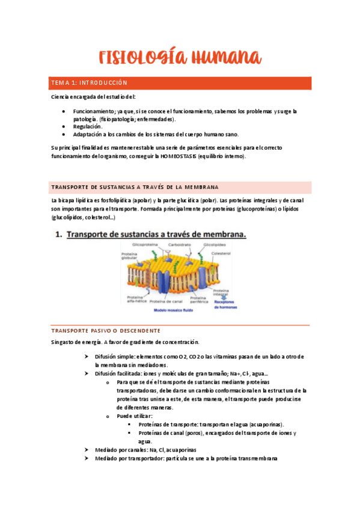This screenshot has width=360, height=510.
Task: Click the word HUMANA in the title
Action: click(222, 58)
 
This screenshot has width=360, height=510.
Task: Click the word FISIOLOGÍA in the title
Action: click(139, 58)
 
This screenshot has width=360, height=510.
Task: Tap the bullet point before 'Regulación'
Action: click(64, 127)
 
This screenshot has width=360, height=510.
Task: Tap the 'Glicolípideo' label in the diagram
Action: click(214, 245)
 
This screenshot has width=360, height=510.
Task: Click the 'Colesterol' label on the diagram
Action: click(221, 253)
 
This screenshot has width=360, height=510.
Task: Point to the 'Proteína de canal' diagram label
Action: click(166, 301)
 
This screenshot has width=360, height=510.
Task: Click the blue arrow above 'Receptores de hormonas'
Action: click(225, 295)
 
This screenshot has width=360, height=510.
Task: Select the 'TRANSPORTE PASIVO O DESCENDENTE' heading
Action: click(105, 331)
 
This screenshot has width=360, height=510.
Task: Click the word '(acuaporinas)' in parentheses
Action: click(264, 424)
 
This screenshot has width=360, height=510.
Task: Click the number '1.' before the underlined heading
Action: click(59, 235)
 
